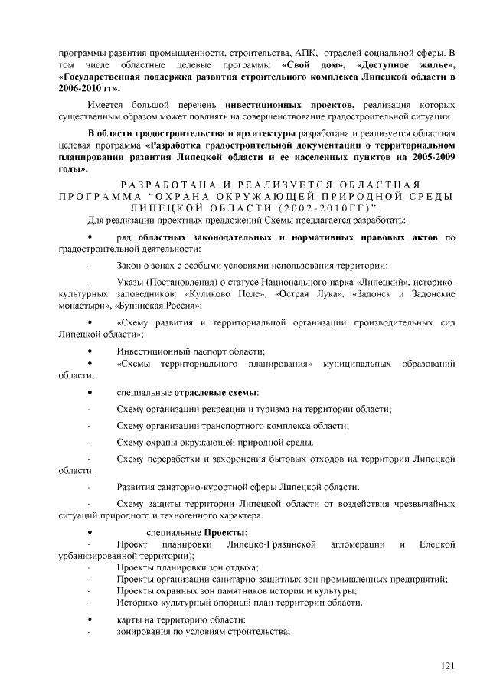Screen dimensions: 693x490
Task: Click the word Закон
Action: click(x=132, y=265)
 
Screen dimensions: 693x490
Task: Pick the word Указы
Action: click(x=131, y=286)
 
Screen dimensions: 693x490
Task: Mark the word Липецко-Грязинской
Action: click(x=273, y=544)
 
